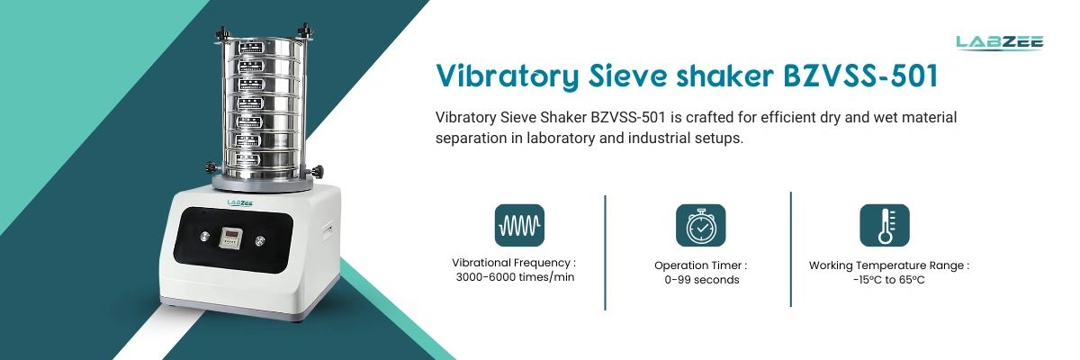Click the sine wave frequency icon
coord(519,225)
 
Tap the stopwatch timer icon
coord(700,225)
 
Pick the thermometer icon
coord(885,225)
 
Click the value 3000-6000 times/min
coord(515,277)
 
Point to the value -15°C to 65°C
coord(889,280)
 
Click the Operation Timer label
coord(700,265)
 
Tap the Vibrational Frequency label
coord(514,263)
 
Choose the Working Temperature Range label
coord(889,265)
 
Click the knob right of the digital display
coord(262,239)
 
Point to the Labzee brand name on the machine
coord(239,203)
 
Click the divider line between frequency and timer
coord(606,252)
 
